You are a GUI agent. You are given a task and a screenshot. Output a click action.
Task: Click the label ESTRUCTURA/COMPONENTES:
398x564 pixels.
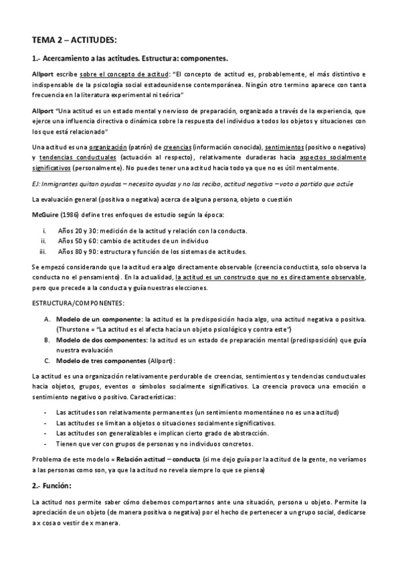77,303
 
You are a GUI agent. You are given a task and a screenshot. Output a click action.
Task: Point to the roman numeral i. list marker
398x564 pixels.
44,231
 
